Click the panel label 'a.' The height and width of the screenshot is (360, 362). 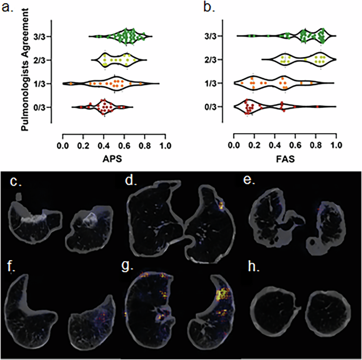[7, 6]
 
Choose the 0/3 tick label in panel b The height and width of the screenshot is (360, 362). [214, 107]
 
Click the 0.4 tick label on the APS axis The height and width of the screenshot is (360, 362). [104, 144]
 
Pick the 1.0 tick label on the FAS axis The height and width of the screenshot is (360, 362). [336, 144]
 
